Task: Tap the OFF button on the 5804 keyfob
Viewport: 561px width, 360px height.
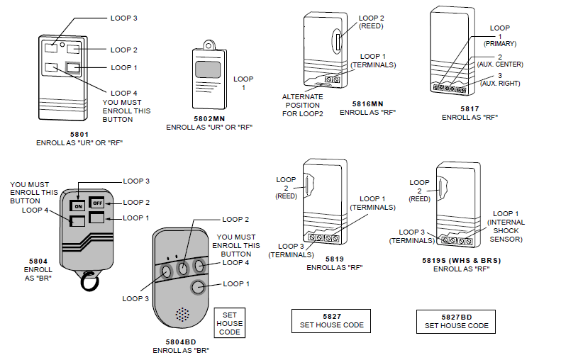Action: pos(96,203)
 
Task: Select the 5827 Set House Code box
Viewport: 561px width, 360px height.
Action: pos(331,320)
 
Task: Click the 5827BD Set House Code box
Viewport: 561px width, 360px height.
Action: pos(456,321)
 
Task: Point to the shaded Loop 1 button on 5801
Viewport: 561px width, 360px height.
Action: pos(74,68)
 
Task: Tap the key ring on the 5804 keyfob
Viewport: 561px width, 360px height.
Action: pos(89,281)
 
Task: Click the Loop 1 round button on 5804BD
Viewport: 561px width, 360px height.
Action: pos(199,287)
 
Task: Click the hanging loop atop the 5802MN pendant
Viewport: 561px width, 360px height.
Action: pos(207,44)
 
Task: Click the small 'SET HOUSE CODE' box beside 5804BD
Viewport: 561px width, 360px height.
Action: pos(230,323)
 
